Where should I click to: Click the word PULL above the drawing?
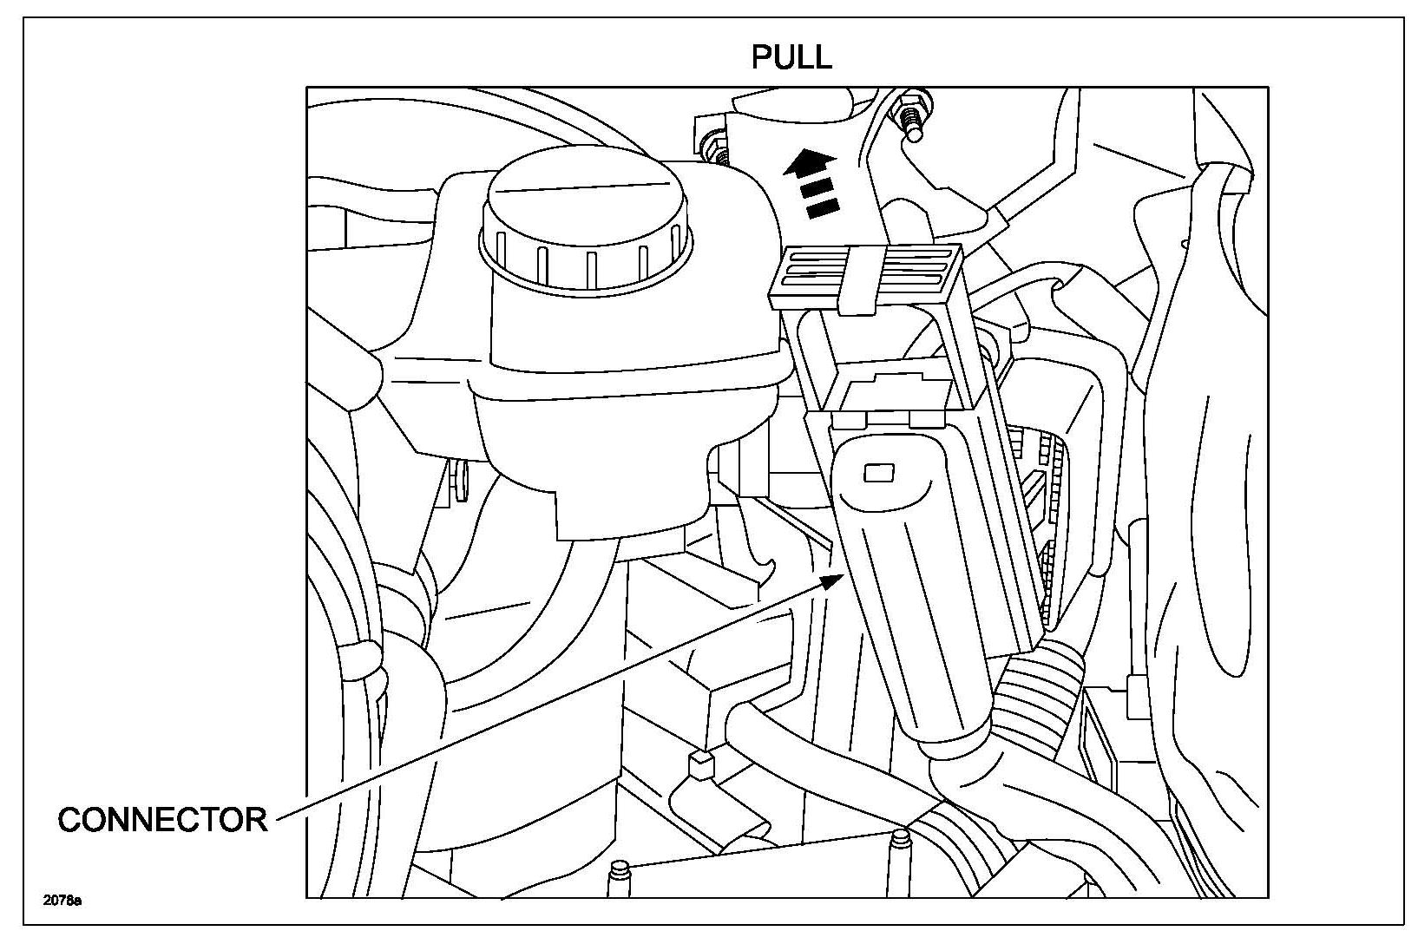791,56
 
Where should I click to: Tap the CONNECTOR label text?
162,819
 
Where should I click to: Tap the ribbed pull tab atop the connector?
864,276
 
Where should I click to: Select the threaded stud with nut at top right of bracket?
911,117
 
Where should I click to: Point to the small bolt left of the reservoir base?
458,482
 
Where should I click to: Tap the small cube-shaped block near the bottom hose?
699,765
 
